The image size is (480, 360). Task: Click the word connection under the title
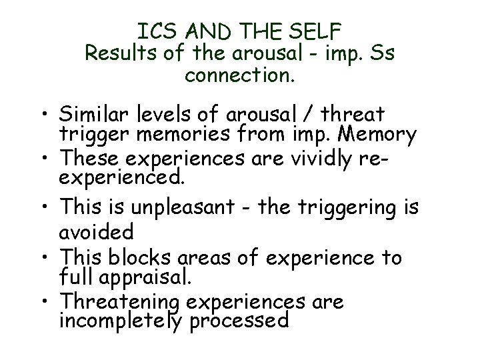tap(239, 75)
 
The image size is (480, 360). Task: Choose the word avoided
tap(107, 231)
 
